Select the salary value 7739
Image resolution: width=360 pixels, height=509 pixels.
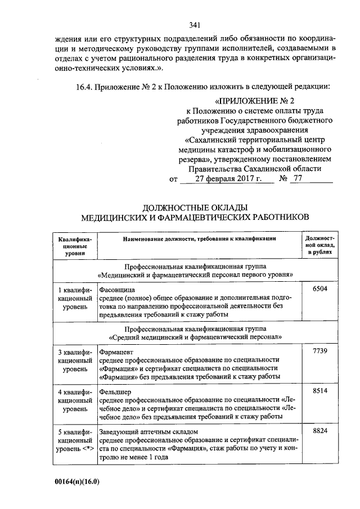click(319, 351)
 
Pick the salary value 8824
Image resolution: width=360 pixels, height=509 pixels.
click(319, 430)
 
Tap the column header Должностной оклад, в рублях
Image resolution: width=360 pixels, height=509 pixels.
click(319, 246)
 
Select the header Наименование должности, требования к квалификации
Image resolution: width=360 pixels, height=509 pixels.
click(200, 239)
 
